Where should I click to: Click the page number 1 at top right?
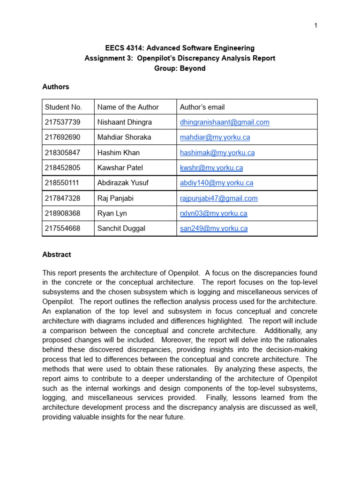[315, 25]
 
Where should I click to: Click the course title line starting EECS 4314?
[180, 48]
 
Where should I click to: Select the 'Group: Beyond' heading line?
[180, 68]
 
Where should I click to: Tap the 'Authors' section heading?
[56, 87]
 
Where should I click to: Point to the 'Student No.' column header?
[63, 107]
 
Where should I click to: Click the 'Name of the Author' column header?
[128, 107]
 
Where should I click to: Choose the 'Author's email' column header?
[202, 107]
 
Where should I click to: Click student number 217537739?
[63, 122]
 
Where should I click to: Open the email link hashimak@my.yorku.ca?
[217, 153]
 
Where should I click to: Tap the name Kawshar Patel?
[120, 168]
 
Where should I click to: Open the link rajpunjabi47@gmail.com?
[218, 198]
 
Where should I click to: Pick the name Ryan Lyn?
[112, 213]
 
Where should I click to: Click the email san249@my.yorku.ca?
[213, 229]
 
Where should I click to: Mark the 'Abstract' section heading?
[57, 255]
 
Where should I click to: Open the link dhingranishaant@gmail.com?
[225, 122]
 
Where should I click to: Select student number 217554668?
[63, 229]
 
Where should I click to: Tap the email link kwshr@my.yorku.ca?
[211, 168]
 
